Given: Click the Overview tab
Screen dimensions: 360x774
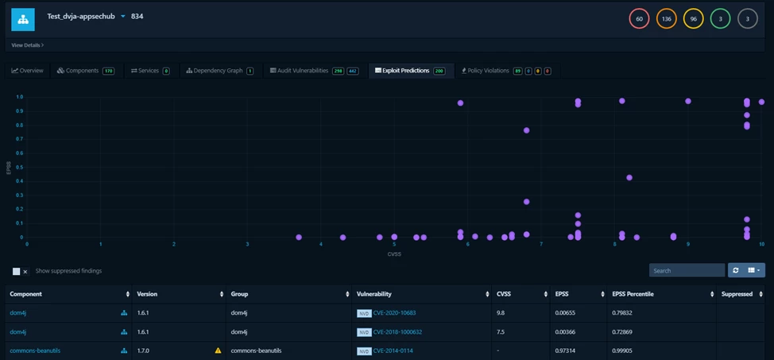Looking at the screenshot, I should point(28,71).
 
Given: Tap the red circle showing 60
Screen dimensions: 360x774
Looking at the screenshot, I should point(639,18).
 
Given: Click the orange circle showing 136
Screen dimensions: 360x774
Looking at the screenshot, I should point(667,18).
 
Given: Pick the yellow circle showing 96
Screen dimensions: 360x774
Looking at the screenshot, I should point(694,18).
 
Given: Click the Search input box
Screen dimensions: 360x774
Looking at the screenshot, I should point(687,270).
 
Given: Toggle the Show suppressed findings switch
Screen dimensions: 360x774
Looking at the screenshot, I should point(20,271).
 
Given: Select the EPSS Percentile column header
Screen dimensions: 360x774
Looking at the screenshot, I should point(637,294).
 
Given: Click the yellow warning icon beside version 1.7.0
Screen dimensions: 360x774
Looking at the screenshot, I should point(219,350).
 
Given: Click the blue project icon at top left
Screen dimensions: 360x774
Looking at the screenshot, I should point(22,19).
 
